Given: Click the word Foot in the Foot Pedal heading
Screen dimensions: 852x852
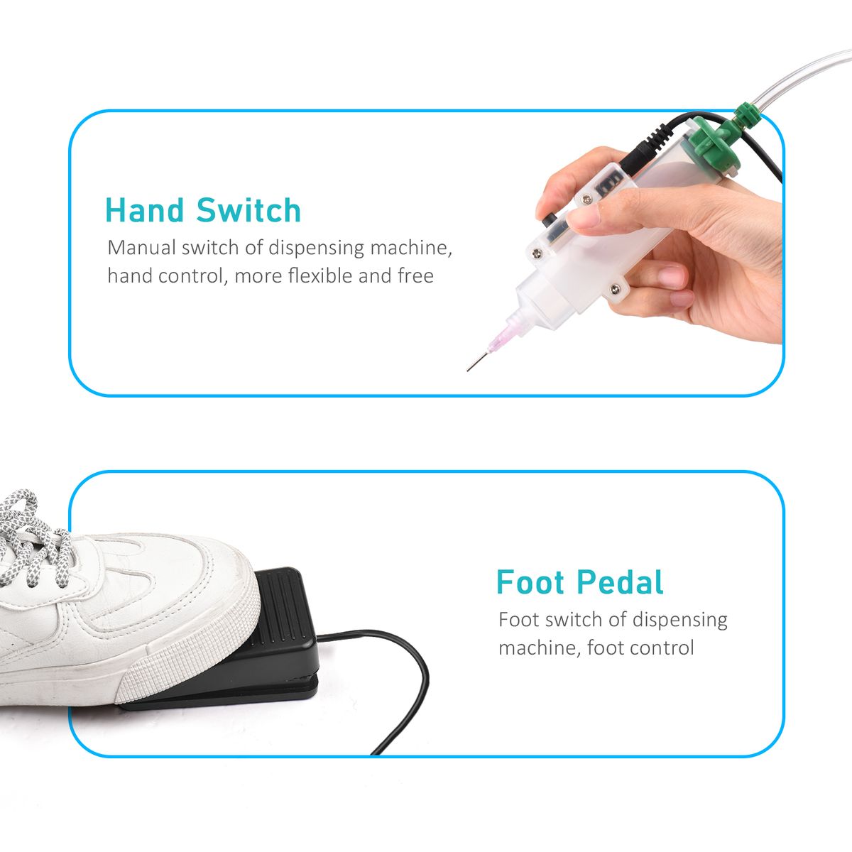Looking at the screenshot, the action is tap(530, 582).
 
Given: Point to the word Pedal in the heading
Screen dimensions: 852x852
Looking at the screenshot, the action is tap(620, 582).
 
